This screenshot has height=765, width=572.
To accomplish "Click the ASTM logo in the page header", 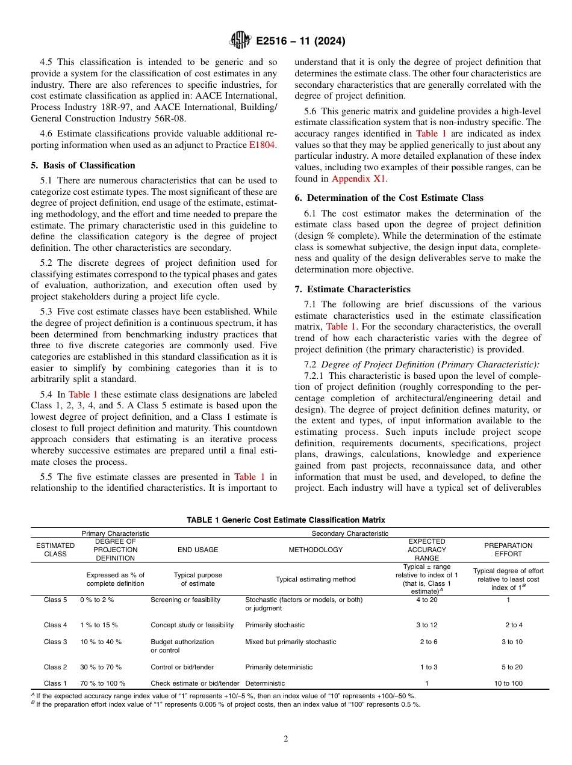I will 240,41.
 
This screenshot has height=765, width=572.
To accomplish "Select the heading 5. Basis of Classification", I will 83,165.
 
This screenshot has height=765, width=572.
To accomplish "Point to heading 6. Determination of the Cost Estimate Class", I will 389,198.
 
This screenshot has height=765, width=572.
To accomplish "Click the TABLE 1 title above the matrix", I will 286,520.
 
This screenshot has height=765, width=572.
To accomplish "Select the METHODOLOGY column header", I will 316,550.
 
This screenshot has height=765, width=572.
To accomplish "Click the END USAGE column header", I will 198,550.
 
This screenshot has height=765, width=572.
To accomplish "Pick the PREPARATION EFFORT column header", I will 509,550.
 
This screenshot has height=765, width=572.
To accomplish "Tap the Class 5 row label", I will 55,600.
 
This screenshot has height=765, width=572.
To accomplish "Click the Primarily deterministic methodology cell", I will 279,667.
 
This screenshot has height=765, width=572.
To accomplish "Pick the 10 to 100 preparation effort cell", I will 508,683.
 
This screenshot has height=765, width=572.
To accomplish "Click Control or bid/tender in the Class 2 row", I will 182,667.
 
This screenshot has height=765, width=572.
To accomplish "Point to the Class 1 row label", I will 55,683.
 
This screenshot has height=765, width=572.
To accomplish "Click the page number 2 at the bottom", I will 286,739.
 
